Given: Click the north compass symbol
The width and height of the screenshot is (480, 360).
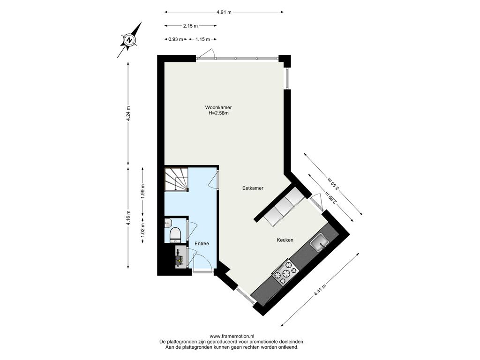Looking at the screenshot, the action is coord(129,40).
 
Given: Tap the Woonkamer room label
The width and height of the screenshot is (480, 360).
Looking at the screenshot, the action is coord(218,107).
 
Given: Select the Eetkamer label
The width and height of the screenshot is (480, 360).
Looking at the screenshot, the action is coord(253,188).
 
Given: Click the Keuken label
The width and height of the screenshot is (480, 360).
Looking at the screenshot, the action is coord(285,240).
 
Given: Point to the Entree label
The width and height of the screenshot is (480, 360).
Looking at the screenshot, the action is coord(202,244).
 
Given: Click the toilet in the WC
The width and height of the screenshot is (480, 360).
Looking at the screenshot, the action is coord(175,235).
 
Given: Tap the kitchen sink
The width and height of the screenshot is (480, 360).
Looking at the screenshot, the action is coord(320,241).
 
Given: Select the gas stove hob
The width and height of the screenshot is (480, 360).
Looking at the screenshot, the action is coord(285,272).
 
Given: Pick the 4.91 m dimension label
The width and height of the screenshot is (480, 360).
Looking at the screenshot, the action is coord(224,12).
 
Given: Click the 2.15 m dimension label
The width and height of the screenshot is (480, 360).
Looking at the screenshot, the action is coord(190,26).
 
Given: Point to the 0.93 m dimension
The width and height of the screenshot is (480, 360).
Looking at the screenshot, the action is coord(176,39).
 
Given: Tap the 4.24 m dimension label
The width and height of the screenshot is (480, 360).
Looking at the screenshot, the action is coord(128,113).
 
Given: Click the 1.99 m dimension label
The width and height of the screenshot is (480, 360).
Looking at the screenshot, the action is coord(143,191).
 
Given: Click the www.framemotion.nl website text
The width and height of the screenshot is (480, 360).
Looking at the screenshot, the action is coord(232,336).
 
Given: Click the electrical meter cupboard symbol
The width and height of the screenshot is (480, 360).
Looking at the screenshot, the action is coord(180,258).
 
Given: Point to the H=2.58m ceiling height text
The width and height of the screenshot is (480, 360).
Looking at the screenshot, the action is coord(218,113).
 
